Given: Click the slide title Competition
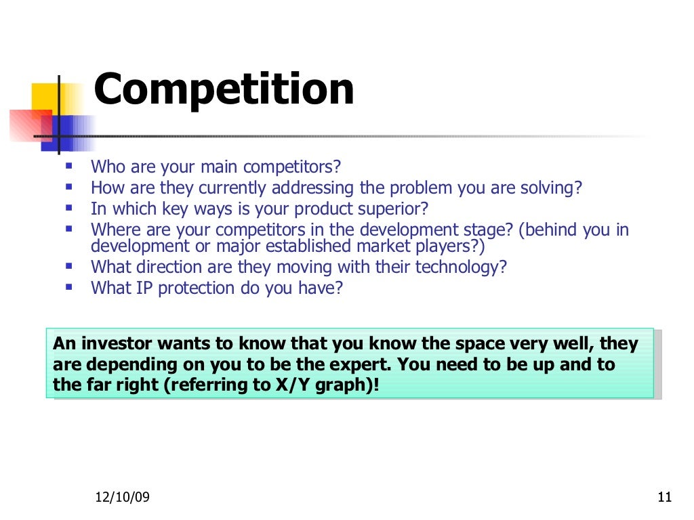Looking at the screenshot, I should [224, 89].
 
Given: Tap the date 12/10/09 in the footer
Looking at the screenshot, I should [122, 498].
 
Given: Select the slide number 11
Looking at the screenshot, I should [664, 498].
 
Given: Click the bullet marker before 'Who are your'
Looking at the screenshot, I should [69, 165].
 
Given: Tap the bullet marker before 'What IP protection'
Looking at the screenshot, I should [69, 286].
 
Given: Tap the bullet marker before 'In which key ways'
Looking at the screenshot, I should [69, 207].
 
